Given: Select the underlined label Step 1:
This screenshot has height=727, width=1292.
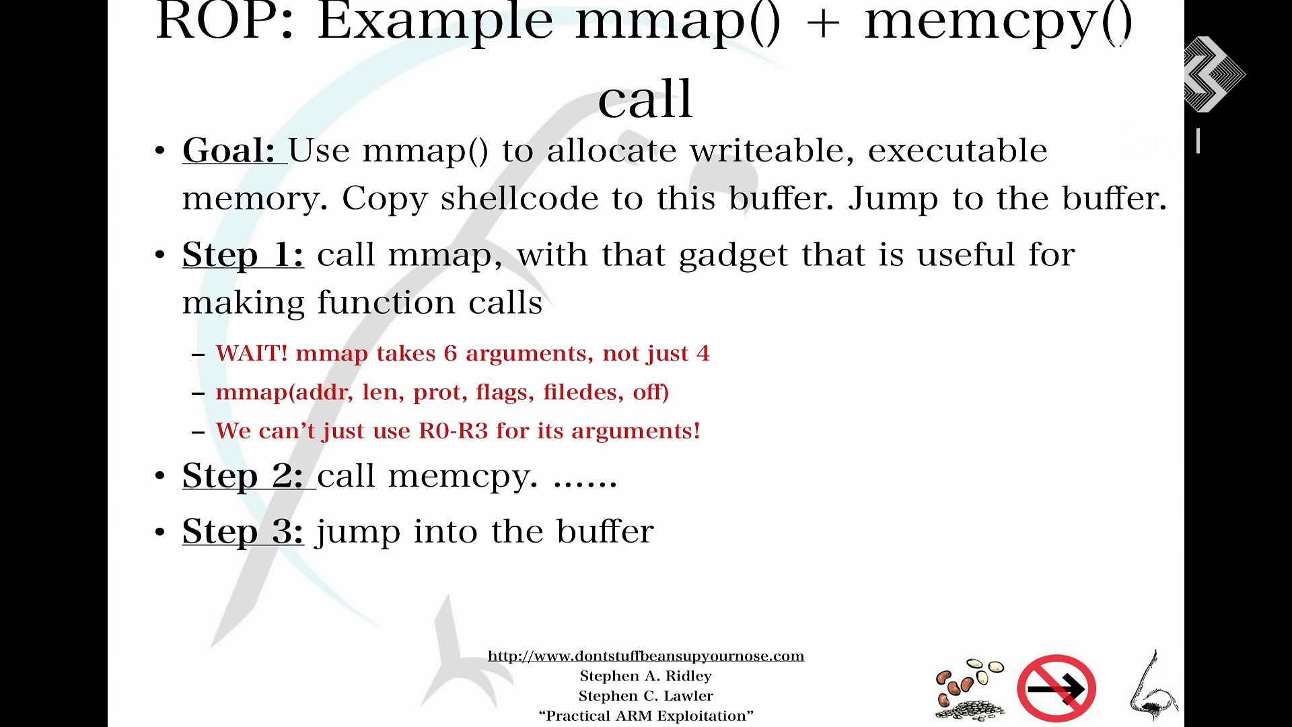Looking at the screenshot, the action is click(243, 255).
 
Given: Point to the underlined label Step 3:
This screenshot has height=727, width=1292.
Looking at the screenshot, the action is click(243, 532).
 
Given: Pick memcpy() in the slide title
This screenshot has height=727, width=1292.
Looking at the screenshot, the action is click(999, 24).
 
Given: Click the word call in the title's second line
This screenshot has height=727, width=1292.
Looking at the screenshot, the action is click(645, 98).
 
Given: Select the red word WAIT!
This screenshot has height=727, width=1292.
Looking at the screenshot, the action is click(252, 353).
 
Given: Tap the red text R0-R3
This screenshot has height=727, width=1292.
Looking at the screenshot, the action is click(453, 431).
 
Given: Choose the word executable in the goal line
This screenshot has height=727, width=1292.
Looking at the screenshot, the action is click(958, 150).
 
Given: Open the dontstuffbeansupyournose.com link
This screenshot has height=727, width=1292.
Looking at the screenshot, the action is click(646, 656).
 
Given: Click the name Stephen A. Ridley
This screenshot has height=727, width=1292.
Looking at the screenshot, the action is click(646, 676).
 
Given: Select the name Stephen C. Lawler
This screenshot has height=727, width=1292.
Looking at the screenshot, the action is click(646, 696).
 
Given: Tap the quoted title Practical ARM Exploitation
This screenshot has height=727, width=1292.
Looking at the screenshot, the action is click(646, 716).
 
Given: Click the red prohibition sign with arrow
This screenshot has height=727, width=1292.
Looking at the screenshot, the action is click(1056, 688).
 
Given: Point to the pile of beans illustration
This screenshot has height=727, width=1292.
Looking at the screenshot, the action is click(970, 690).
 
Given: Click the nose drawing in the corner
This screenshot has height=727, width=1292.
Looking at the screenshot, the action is click(1153, 687).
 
